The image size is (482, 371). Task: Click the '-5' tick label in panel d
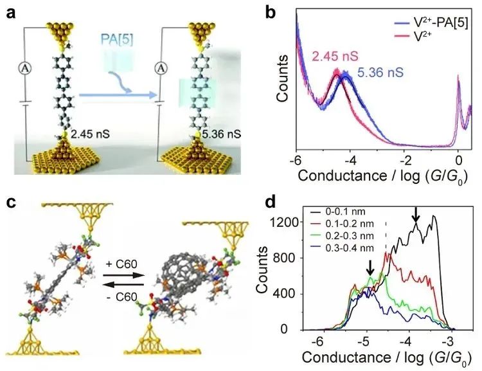[x=364, y=339]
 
